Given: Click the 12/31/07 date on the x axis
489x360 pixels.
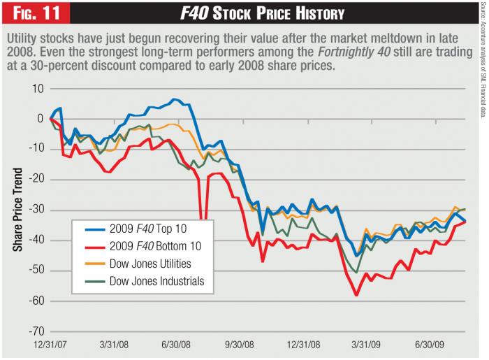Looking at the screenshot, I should point(52,346).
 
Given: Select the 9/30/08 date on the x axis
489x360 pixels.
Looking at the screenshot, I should point(245,346).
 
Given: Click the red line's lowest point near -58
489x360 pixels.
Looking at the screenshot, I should point(356,296).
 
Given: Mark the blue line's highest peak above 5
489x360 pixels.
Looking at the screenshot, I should point(173,99).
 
